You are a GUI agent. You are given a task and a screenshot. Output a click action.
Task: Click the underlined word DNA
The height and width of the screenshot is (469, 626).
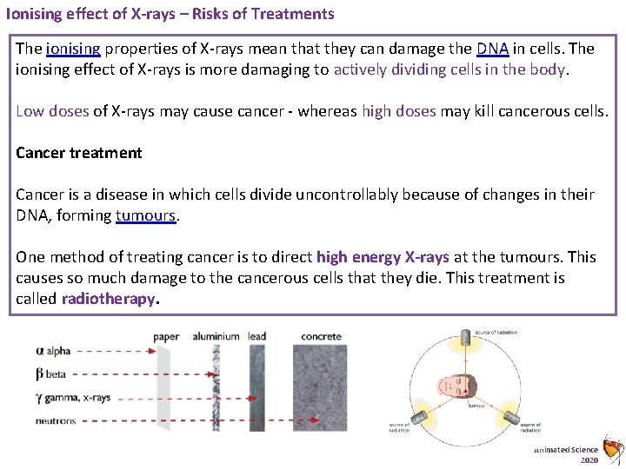click(492, 49)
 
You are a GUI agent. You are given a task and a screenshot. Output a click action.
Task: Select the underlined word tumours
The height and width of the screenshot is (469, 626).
click(145, 215)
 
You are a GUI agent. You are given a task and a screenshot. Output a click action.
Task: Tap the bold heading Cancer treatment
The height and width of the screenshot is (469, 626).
click(78, 153)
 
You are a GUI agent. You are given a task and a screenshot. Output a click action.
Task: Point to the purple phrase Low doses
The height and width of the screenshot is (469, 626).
click(52, 111)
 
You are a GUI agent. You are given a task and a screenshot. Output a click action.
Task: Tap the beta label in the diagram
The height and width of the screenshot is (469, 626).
click(51, 374)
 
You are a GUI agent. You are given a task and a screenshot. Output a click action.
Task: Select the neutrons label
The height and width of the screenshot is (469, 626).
click(56, 421)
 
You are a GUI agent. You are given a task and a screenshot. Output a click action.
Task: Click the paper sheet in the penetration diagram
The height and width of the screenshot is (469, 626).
click(163, 388)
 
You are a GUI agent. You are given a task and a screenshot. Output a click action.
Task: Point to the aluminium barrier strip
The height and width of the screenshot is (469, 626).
click(216, 388)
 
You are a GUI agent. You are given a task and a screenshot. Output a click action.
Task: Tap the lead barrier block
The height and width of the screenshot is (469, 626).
click(256, 388)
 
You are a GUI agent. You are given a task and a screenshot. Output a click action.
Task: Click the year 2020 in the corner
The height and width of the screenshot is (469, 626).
click(589, 460)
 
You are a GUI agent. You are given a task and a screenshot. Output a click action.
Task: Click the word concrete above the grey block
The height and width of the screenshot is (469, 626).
click(321, 336)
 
